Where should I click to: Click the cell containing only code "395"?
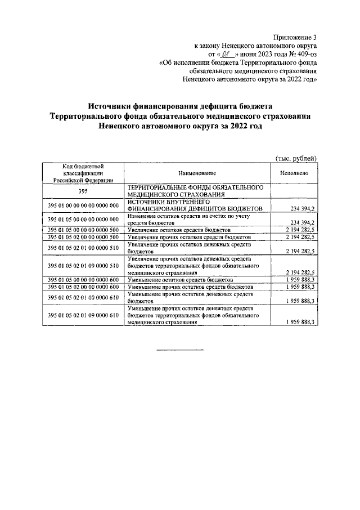pos(83,191)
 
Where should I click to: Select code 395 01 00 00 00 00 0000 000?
pos(83,205)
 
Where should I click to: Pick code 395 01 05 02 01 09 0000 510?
pos(83,265)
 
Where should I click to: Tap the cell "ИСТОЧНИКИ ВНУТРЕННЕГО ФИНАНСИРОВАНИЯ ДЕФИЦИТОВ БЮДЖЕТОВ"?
pos(191,205)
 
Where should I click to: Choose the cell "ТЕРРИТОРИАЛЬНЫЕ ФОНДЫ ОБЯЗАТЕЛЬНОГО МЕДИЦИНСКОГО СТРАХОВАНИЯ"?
pos(195,191)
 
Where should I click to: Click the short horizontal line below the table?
pos(179,351)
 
